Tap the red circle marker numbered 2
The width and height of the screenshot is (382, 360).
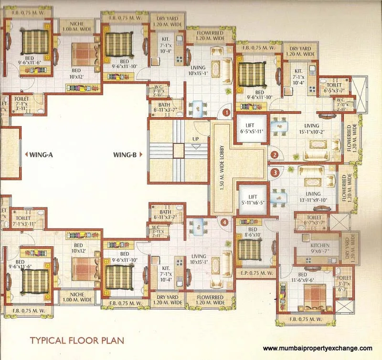(x=275, y=154)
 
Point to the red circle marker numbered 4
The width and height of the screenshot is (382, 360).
(x=225, y=221)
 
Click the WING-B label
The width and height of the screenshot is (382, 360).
(x=126, y=155)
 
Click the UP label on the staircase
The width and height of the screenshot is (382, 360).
(x=195, y=140)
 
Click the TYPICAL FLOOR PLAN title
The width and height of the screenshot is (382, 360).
(x=77, y=341)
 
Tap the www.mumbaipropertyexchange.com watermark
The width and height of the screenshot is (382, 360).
(x=318, y=349)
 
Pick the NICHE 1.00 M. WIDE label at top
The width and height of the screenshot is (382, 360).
(x=76, y=25)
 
